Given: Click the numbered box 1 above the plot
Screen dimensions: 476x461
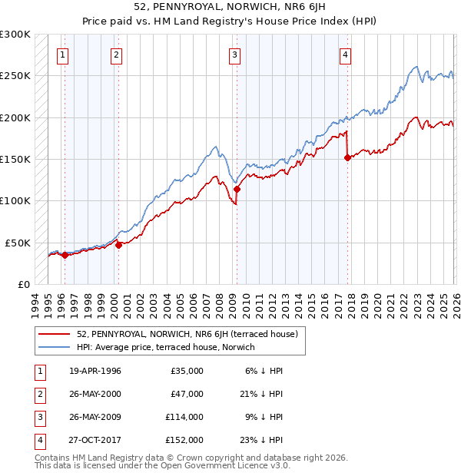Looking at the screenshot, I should (x=61, y=55).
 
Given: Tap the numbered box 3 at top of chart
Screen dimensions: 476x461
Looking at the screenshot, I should (x=234, y=55).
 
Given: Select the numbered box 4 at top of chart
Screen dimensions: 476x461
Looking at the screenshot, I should (x=346, y=55).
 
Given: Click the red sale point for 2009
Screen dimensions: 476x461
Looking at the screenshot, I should (x=237, y=189).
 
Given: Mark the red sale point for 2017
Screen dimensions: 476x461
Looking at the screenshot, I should (x=347, y=157).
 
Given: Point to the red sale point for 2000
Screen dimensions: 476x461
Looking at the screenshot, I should (x=118, y=245).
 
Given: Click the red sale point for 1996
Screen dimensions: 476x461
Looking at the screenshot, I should (x=65, y=255).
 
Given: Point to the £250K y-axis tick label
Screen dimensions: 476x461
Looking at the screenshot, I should (x=15, y=76).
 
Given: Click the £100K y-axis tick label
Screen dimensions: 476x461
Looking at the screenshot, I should (x=15, y=200).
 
